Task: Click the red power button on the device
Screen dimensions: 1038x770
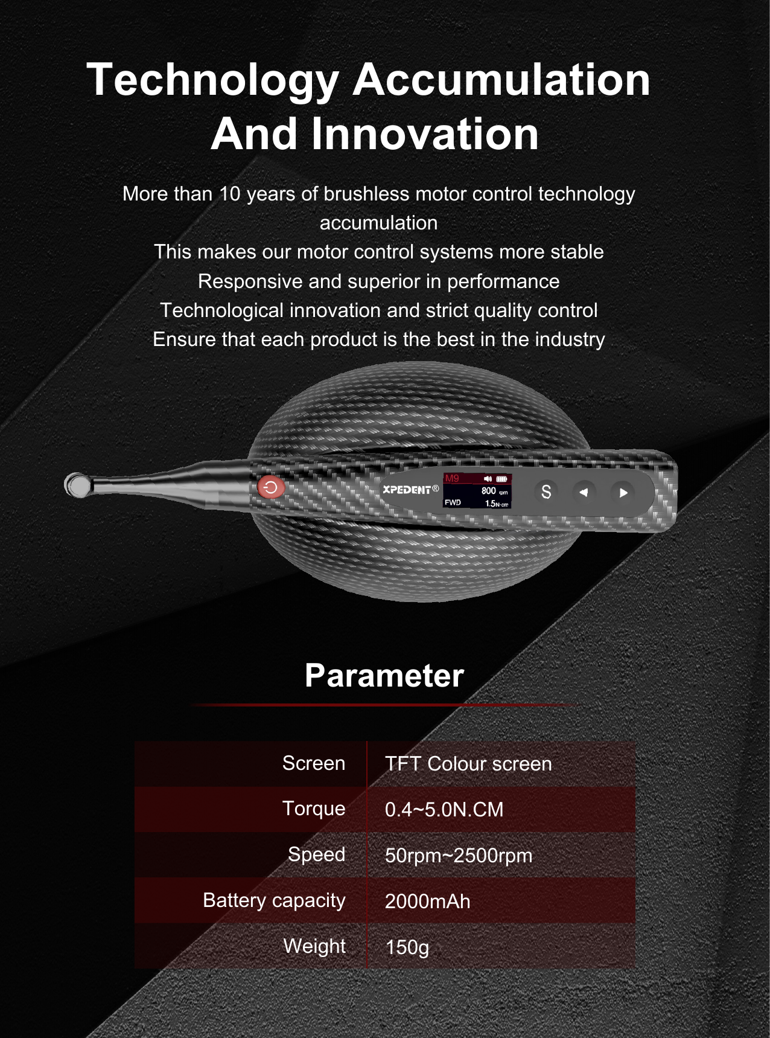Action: point(271,487)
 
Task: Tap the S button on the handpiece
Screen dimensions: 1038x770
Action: point(546,492)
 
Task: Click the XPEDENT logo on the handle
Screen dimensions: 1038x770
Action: point(407,489)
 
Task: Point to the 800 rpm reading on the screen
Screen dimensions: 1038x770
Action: point(489,491)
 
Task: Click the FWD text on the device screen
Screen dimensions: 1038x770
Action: point(453,502)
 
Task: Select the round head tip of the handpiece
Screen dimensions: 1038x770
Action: point(77,485)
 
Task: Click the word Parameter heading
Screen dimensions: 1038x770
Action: point(384,675)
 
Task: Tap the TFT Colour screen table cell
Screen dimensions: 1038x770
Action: point(468,764)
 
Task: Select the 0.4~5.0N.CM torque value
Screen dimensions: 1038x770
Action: point(444,810)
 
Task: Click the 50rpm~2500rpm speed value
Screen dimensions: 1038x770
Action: point(459,856)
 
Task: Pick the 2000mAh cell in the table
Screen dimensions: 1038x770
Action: point(427,902)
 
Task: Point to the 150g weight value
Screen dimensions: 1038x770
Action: point(407,947)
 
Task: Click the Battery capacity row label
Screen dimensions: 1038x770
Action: point(274,900)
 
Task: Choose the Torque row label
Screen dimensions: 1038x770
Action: point(314,809)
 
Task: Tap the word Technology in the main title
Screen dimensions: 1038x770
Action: point(213,80)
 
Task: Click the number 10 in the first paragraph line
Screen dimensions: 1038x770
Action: point(229,194)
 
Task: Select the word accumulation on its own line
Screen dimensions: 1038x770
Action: point(378,223)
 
